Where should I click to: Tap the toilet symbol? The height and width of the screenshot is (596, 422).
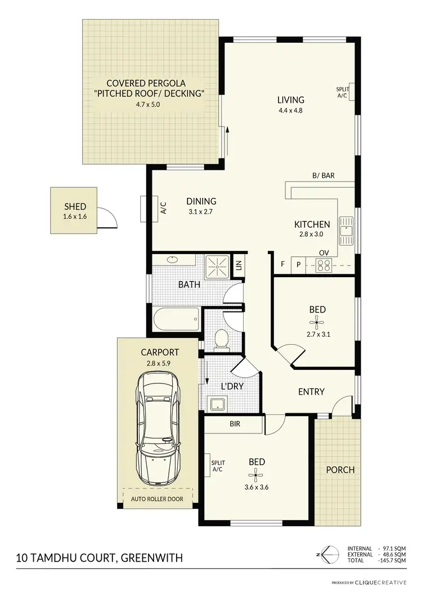pos(221,339)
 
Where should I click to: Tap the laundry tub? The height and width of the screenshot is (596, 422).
pos(216,403)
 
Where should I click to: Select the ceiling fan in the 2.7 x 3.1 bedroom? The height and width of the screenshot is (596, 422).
pos(317,323)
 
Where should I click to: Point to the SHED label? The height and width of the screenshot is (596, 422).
pos(74,206)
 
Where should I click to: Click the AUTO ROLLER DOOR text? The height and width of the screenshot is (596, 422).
pos(158,499)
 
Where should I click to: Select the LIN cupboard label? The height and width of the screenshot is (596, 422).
pos(238,264)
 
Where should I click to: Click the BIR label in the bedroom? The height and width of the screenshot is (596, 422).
pos(235,425)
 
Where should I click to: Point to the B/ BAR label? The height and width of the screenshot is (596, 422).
pos(324,175)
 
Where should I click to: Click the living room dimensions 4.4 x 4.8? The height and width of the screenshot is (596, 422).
pos(290,111)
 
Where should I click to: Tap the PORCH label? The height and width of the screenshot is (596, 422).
pos(340,469)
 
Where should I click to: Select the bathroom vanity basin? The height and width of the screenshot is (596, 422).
pos(172,260)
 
